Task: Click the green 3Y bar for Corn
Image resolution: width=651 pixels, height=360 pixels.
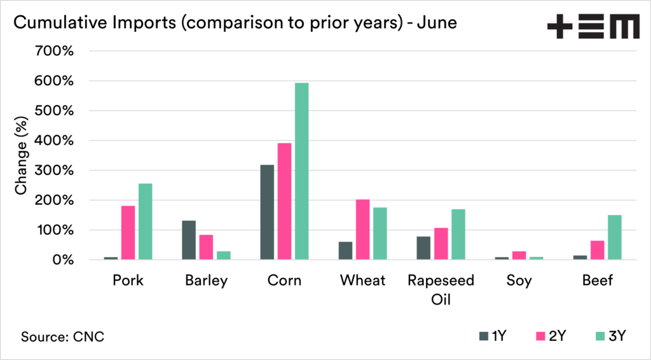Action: [x=301, y=171]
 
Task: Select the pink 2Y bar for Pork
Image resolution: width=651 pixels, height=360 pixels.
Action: [x=128, y=233]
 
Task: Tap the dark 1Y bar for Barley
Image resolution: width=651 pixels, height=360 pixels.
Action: [x=189, y=240]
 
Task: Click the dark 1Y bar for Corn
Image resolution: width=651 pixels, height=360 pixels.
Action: [x=267, y=212]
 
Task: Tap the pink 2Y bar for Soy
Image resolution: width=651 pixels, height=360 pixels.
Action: [x=519, y=255]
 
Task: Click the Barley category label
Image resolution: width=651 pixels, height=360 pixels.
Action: [x=206, y=280]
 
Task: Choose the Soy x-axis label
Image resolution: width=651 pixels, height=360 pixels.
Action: [x=519, y=280]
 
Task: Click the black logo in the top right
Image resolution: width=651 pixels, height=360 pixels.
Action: [x=593, y=27]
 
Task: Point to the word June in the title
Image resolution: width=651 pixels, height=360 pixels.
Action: [x=437, y=24]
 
